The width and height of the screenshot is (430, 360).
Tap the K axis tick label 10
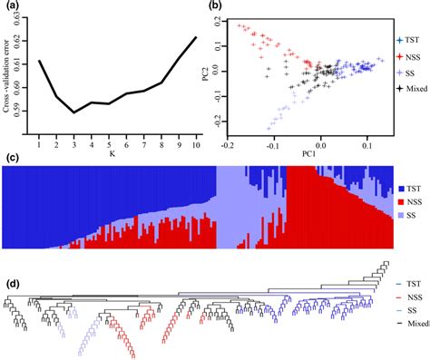tap(194, 143)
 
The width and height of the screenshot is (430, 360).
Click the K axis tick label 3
tap(73, 143)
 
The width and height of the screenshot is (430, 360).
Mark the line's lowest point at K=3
tap(73, 112)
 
